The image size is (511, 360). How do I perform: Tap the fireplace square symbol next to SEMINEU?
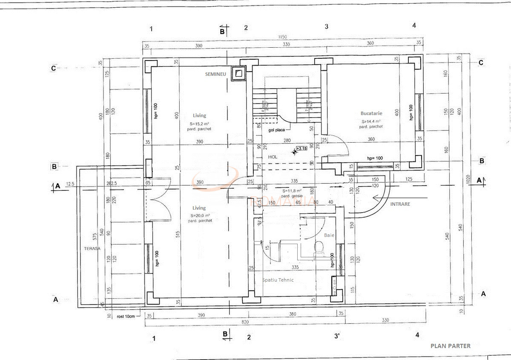point(239,73)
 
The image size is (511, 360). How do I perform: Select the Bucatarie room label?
point(371,113)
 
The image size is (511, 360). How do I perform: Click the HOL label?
point(273,157)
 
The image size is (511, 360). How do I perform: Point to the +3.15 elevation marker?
point(301,149)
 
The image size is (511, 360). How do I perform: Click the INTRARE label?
point(400,204)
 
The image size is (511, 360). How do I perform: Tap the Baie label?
point(329,235)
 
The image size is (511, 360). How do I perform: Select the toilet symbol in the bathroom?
point(319,248)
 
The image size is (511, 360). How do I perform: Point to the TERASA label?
point(92,248)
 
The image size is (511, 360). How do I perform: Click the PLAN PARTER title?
point(451,346)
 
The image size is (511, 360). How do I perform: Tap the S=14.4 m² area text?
point(370,121)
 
